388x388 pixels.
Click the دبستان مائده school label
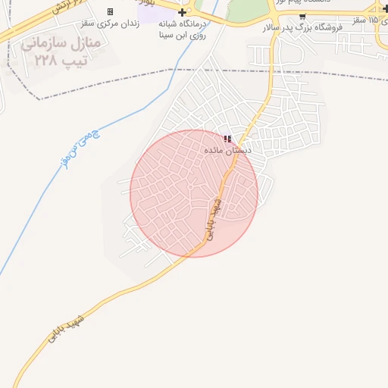[228, 151]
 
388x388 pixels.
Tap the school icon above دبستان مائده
[228, 139]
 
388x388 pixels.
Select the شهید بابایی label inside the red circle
[213, 220]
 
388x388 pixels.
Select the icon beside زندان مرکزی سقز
[110, 12]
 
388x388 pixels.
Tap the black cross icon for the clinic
[182, 13]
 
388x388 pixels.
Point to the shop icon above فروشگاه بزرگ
[302, 15]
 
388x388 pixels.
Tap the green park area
[246, 9]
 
